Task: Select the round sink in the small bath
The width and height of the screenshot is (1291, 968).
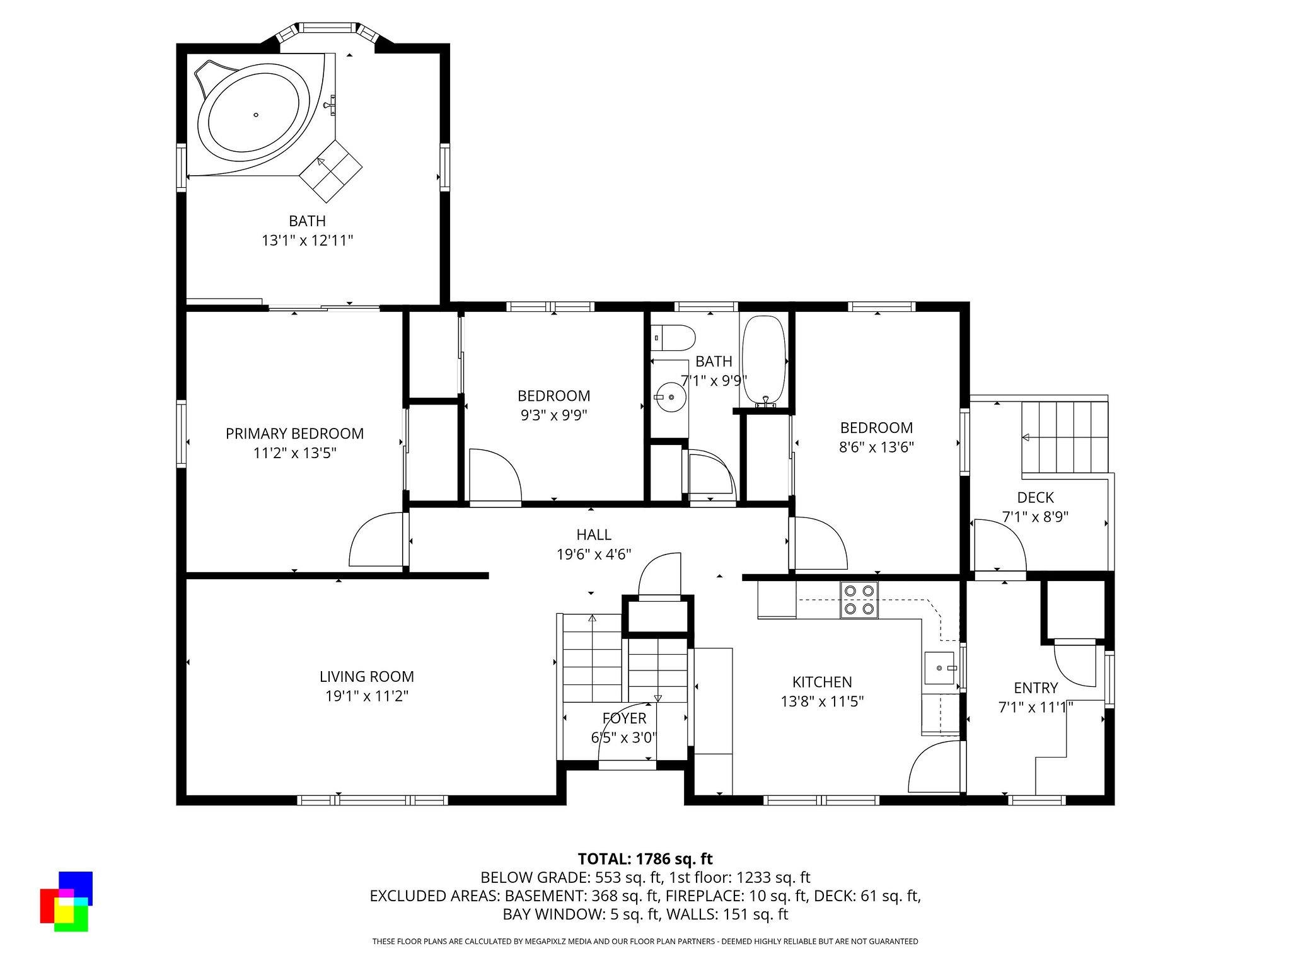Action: (671, 397)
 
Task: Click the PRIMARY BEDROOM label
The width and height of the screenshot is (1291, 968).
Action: (294, 434)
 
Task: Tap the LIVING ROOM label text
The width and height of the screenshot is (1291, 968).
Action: (366, 677)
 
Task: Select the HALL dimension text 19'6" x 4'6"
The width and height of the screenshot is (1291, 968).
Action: (594, 555)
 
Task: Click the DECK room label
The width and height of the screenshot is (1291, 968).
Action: (1035, 497)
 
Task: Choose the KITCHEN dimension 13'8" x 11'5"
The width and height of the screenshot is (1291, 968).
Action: (822, 701)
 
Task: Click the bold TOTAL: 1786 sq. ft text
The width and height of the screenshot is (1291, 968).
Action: (645, 858)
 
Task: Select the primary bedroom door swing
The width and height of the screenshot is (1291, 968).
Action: (376, 539)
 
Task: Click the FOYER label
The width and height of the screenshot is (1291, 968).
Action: (624, 718)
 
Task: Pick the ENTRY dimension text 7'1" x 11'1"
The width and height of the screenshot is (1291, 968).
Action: (1036, 708)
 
